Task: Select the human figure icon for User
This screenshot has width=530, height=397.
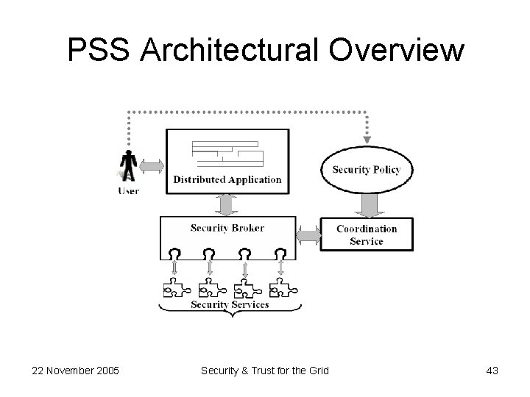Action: pyautogui.click(x=129, y=166)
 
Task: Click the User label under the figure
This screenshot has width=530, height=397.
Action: pyautogui.click(x=128, y=191)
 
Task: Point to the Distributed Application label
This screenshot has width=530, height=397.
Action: pyautogui.click(x=227, y=179)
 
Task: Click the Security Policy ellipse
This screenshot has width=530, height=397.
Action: pyautogui.click(x=366, y=170)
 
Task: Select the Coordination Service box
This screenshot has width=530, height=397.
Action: pyautogui.click(x=366, y=235)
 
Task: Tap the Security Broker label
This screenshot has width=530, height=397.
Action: pyautogui.click(x=227, y=228)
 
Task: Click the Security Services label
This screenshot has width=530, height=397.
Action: pyautogui.click(x=230, y=304)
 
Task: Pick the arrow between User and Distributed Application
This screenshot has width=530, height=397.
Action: pyautogui.click(x=152, y=167)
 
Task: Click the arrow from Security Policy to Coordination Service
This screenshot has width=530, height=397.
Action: pyautogui.click(x=366, y=205)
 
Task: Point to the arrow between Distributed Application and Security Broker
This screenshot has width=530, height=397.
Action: pyautogui.click(x=227, y=204)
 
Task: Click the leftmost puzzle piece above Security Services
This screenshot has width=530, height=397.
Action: pyautogui.click(x=174, y=287)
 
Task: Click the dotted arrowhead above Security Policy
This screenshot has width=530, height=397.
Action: pyautogui.click(x=366, y=139)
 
